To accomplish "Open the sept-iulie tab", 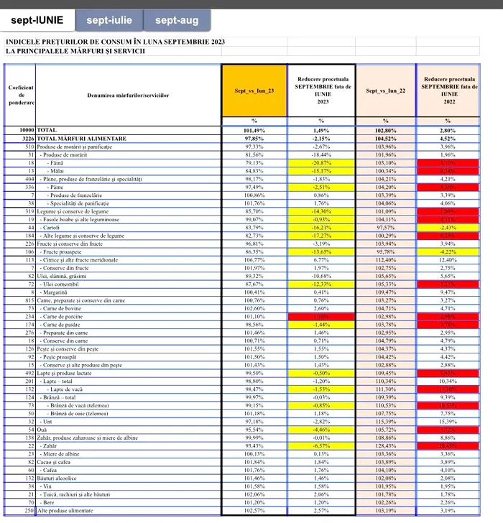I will [109, 20].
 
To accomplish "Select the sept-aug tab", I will [177, 20].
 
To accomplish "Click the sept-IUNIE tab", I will [40, 20].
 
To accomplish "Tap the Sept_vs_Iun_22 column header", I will [386, 91].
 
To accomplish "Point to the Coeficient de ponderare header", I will [21, 94].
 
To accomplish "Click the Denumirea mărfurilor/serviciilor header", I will [128, 95].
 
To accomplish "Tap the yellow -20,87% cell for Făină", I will [320, 162].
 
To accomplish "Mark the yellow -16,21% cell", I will [320, 228].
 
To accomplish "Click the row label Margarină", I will [63, 293].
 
